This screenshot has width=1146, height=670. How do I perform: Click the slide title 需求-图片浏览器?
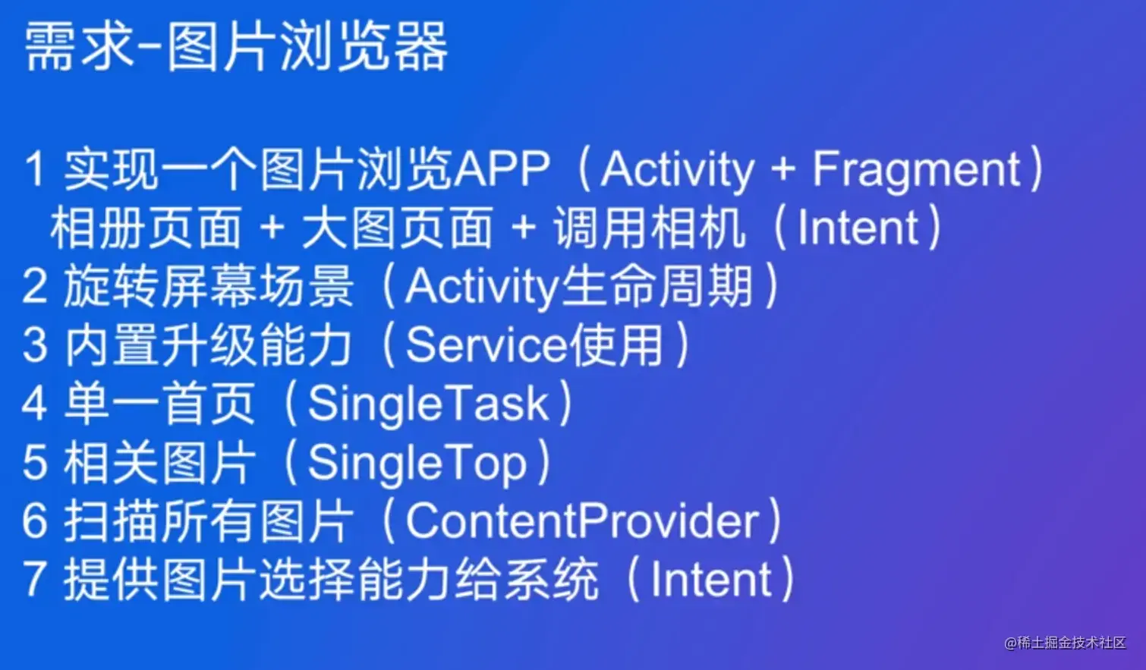coord(236,47)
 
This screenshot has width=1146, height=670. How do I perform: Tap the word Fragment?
coord(916,169)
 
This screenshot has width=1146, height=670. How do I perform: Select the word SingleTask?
coord(428,404)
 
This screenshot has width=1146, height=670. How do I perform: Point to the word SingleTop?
coord(417,462)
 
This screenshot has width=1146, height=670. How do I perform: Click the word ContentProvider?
coord(582,521)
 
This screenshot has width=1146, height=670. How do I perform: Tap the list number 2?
coord(35,287)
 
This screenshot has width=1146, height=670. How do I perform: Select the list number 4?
coord(35,404)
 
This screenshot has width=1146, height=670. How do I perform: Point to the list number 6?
coord(35,521)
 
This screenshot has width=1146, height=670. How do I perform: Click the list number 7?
coord(35,579)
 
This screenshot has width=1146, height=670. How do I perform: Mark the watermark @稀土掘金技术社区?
coord(1065,643)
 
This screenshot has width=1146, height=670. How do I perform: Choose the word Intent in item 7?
coord(711,580)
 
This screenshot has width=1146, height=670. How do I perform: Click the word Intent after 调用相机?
coord(858,228)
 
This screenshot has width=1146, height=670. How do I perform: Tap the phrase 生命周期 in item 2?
coord(657,287)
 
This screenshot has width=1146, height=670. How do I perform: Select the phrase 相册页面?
coord(146,228)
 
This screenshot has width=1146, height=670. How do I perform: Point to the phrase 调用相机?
coord(649,228)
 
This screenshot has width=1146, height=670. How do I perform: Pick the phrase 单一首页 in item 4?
coord(159,404)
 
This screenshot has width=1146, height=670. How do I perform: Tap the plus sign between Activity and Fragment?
coord(782,170)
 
